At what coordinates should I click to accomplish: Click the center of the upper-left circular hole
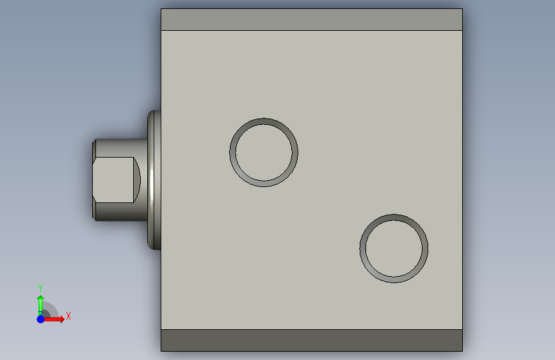[x=264, y=152]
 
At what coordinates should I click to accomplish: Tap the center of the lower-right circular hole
[x=394, y=249]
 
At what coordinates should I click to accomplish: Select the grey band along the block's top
[x=312, y=19]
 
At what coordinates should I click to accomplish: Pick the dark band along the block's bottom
[x=312, y=340]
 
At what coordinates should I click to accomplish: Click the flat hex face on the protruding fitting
[x=113, y=180]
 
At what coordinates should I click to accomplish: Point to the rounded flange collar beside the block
[x=154, y=180]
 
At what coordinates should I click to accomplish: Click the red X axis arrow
[x=53, y=319]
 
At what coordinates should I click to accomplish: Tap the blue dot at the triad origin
[x=41, y=319]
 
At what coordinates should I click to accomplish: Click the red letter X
[x=68, y=316]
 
